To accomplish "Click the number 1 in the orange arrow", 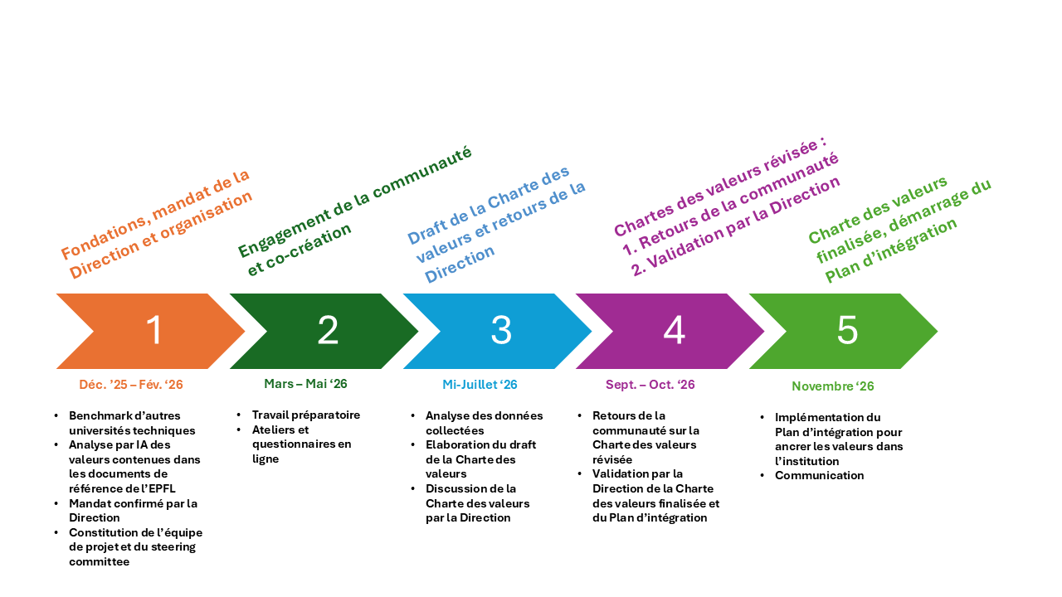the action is click(x=154, y=330).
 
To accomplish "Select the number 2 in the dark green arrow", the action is click(x=328, y=330).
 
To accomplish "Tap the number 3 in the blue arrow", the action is click(x=501, y=330).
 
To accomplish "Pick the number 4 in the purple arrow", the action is click(x=675, y=330).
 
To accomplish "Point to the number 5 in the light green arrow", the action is click(x=847, y=330).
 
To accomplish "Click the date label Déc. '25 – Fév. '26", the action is click(x=131, y=384).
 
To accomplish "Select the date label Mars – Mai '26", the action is click(x=305, y=383).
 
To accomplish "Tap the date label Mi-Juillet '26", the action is click(x=480, y=384).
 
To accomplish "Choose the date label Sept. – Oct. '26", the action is click(x=650, y=384).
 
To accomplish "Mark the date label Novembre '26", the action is click(x=832, y=386).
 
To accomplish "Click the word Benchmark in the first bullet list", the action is click(x=94, y=415).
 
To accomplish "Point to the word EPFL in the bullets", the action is click(x=163, y=488).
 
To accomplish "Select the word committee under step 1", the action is click(x=99, y=561).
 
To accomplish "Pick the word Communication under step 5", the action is click(x=819, y=475).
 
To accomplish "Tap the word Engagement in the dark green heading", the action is click(x=284, y=231).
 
